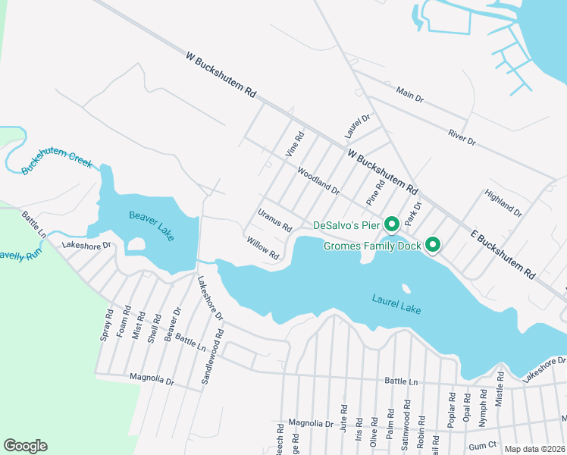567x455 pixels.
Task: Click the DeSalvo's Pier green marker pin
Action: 392,224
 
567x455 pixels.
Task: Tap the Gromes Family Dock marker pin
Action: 433,245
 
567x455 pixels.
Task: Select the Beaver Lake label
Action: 151,226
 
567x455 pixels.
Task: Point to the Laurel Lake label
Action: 396,304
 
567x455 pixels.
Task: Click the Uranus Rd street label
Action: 274,221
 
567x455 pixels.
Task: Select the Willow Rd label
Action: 263,248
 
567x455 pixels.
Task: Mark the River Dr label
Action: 461,136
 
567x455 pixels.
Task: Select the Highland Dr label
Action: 504,203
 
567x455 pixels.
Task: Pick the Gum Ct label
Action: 481,445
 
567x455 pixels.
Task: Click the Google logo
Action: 25,445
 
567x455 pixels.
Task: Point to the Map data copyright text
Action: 534,449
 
